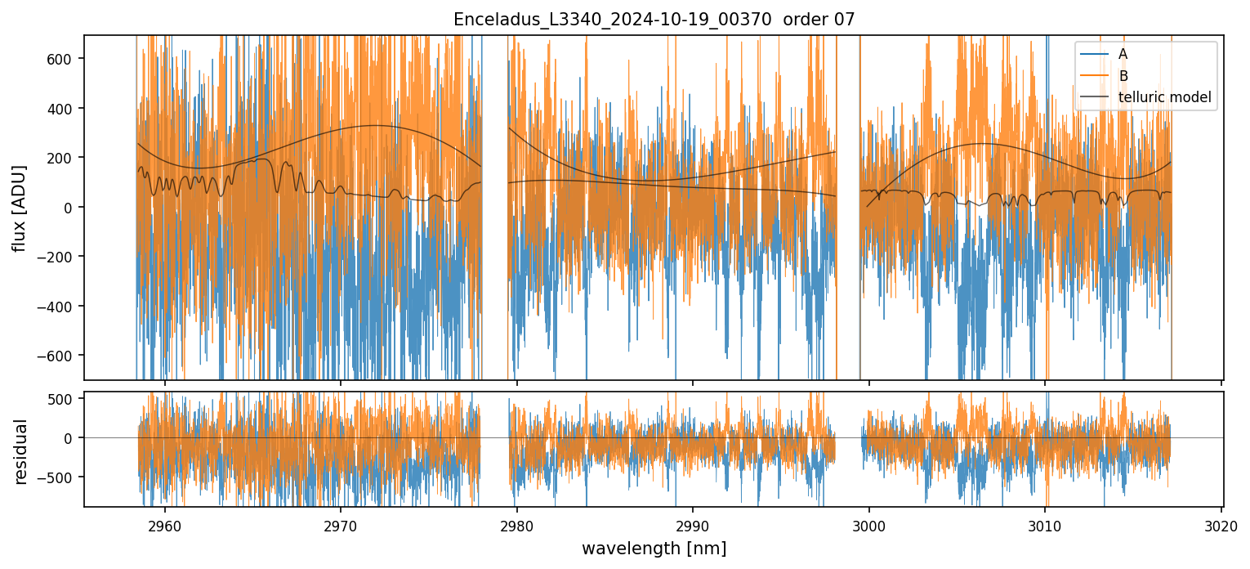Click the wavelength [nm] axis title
pos(654,548)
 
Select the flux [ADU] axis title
pos(19,208)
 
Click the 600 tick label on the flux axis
pos(63,59)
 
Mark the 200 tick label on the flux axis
pos(63,158)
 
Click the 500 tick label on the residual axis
pos(63,399)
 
